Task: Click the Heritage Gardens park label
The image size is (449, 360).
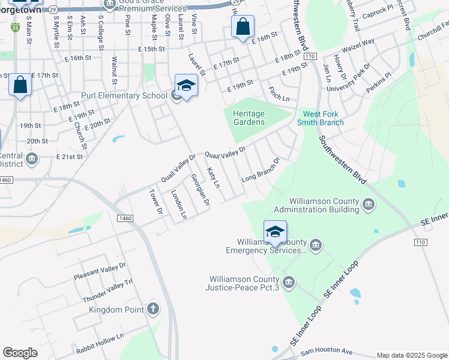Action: (x=249, y=118)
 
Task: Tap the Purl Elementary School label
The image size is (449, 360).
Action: (x=124, y=95)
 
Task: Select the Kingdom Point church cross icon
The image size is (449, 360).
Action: (x=153, y=310)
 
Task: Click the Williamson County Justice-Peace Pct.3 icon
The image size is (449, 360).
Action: (x=289, y=283)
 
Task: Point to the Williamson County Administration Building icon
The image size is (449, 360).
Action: (x=369, y=206)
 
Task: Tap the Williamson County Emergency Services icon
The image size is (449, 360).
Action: (x=316, y=245)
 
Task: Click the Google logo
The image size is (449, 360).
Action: (x=20, y=353)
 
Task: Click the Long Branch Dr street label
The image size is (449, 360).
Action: (x=261, y=170)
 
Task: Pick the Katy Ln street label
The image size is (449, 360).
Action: (x=213, y=178)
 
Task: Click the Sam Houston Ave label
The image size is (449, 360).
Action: (x=327, y=350)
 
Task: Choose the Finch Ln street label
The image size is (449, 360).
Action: (x=279, y=93)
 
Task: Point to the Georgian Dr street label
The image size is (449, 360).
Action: (x=199, y=190)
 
